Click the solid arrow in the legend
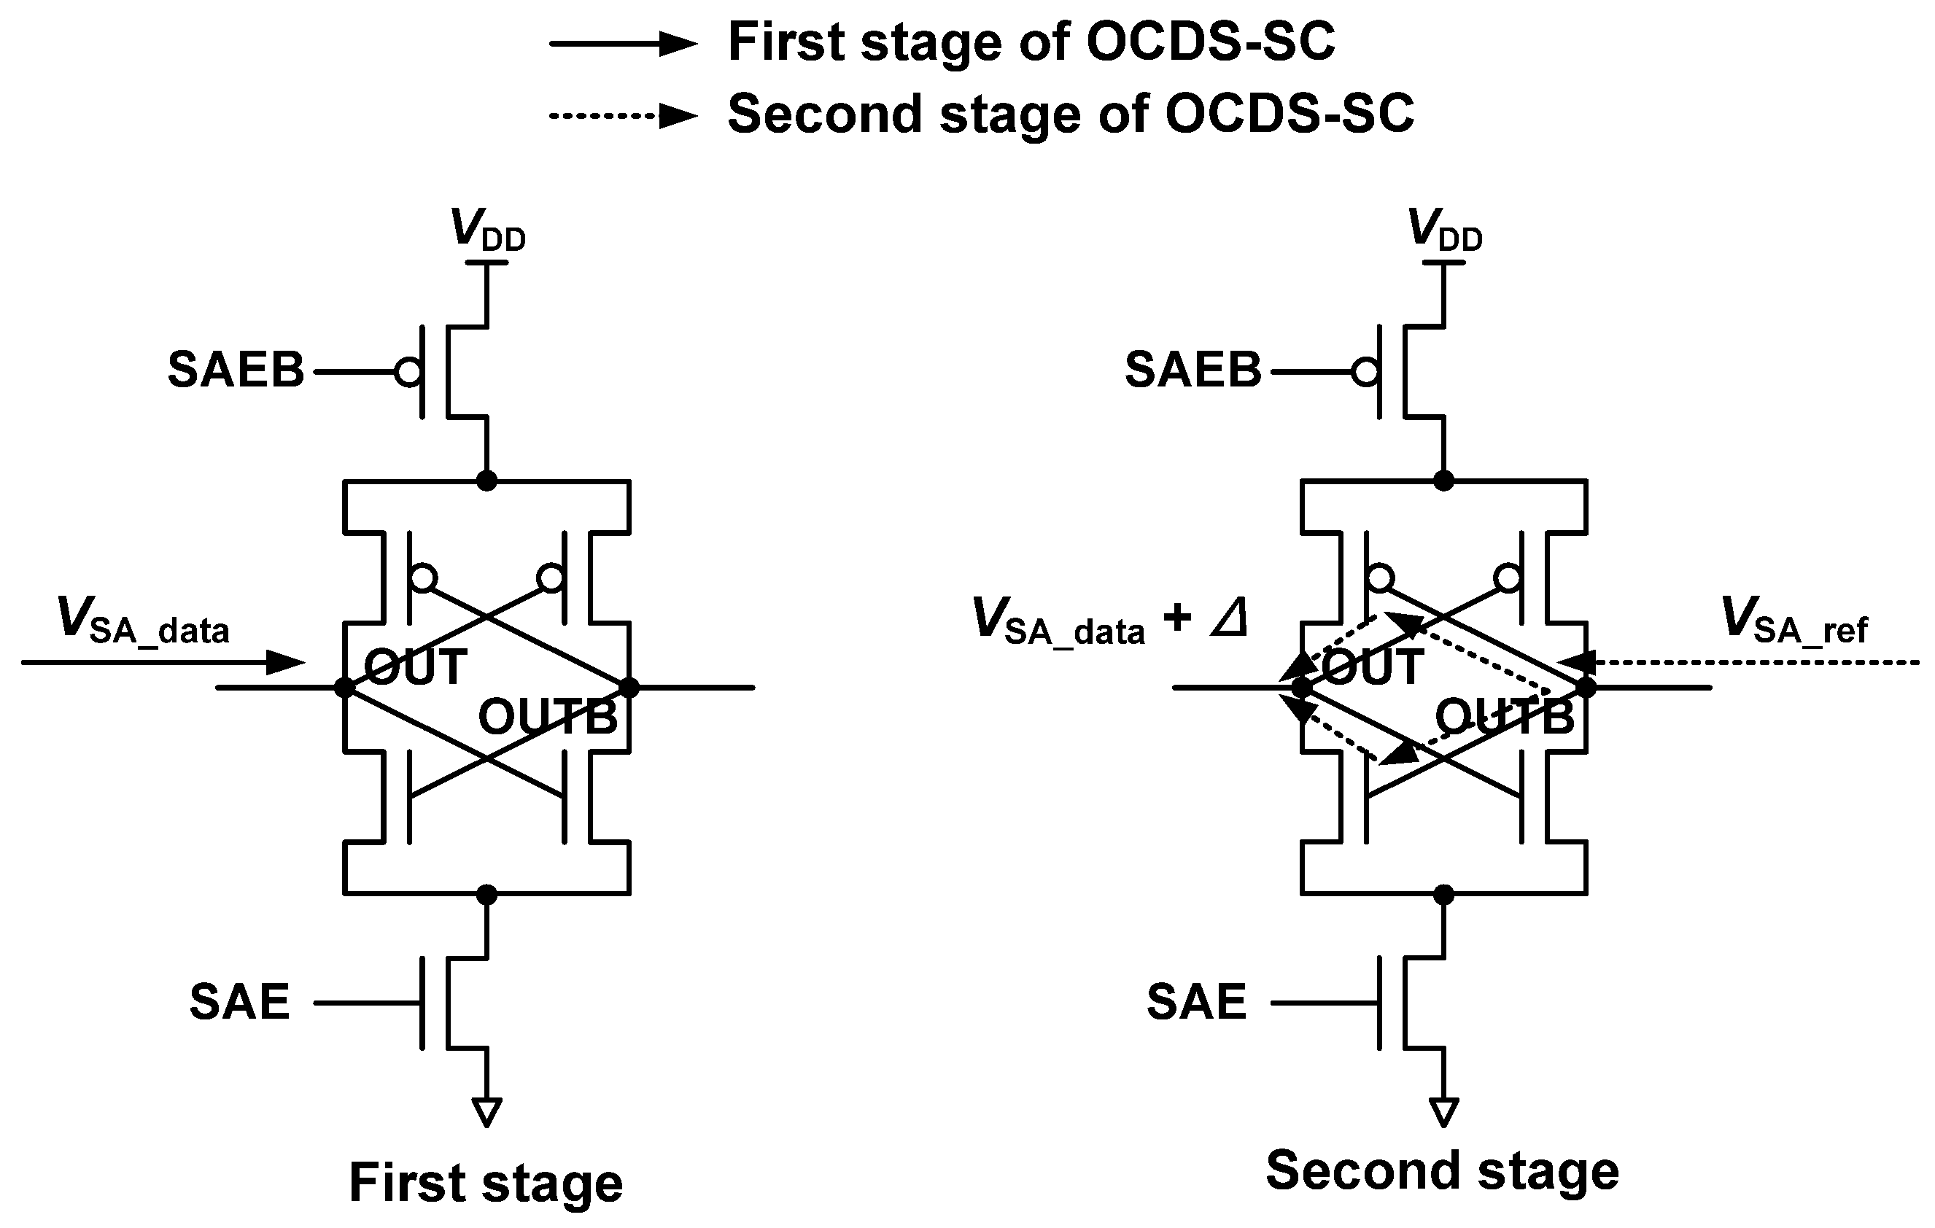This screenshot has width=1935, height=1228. click(x=623, y=44)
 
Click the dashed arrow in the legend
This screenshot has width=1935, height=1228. click(x=623, y=116)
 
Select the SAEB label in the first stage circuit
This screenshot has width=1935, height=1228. click(x=236, y=370)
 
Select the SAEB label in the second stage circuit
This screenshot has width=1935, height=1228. click(x=1193, y=370)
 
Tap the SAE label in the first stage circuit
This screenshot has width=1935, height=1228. click(x=239, y=1002)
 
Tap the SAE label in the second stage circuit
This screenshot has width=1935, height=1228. click(x=1195, y=1002)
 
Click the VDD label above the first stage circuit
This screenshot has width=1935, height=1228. click(x=487, y=230)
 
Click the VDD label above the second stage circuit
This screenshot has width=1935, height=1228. click(x=1444, y=230)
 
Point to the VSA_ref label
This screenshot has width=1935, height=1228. click(x=1794, y=621)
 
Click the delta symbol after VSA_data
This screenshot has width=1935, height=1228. click(x=1230, y=620)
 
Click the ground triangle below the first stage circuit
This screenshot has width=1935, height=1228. click(x=487, y=1111)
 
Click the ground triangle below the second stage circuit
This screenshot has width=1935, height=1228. click(x=1444, y=1111)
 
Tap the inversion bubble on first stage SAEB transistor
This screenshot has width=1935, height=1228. click(x=409, y=372)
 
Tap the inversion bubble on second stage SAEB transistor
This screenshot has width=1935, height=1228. click(x=1366, y=372)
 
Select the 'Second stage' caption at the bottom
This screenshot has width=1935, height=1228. click(x=1442, y=1171)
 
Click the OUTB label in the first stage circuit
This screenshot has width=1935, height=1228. click(x=548, y=717)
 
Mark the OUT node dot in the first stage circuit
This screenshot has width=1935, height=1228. click(x=345, y=687)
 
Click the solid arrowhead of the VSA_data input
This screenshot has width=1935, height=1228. click(x=285, y=663)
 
